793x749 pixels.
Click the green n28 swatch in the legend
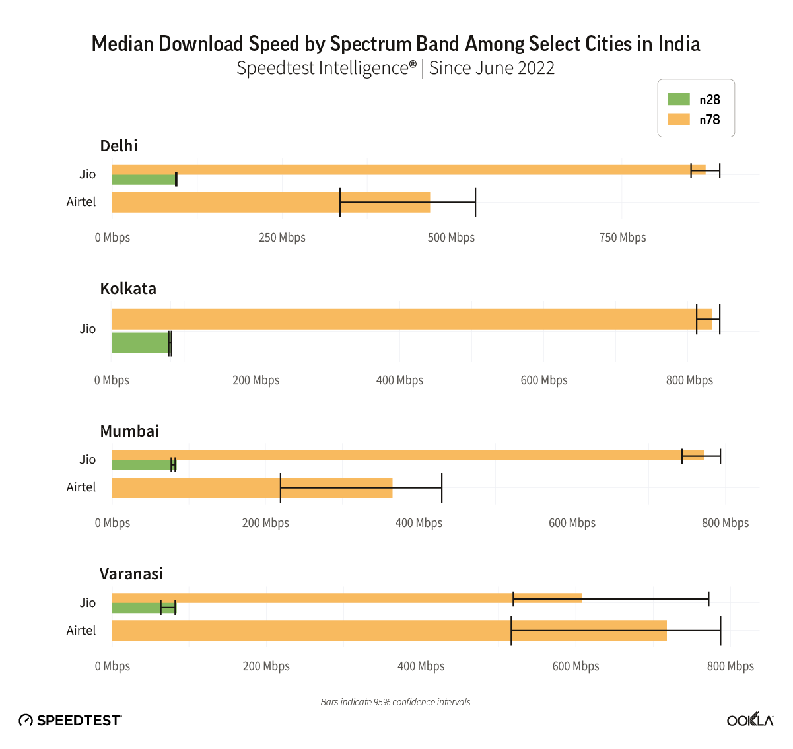point(679,100)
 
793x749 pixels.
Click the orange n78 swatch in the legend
point(679,120)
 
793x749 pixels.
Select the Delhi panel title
point(119,146)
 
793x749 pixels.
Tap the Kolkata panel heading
point(128,289)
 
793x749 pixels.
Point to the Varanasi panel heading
point(131,574)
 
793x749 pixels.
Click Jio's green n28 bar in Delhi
point(143,180)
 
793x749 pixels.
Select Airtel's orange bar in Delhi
point(271,202)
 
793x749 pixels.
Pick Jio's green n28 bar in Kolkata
point(140,343)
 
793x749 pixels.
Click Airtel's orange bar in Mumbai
point(252,487)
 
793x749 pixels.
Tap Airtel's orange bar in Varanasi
point(389,631)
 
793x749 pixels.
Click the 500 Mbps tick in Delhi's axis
point(451,238)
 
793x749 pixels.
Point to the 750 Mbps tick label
point(623,238)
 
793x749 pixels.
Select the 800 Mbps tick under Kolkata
point(689,380)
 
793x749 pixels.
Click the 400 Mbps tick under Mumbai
point(419,523)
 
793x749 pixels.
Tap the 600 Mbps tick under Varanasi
point(576,666)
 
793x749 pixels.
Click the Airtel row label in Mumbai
point(81,487)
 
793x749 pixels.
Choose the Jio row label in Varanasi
point(88,603)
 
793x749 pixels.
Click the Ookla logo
point(750,720)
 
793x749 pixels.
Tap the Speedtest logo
point(70,721)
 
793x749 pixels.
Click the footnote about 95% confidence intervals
point(396,702)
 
